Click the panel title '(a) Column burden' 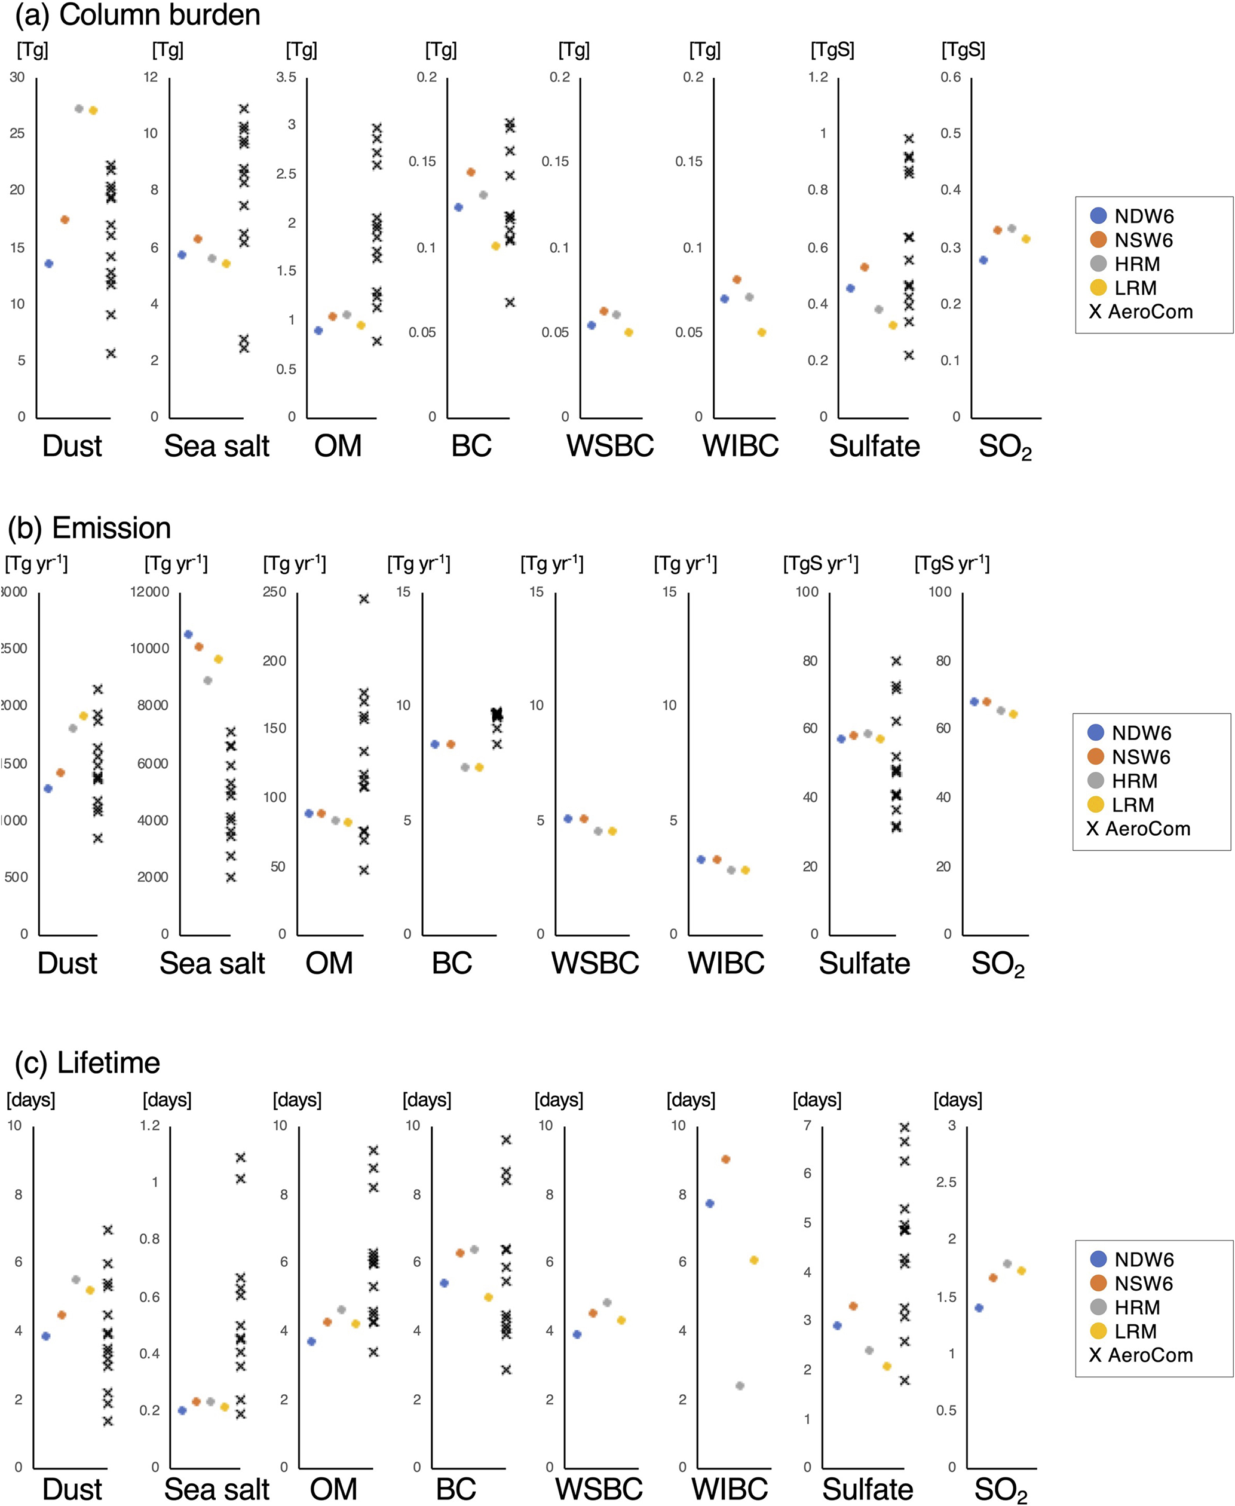click(137, 15)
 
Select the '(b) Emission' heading click(89, 528)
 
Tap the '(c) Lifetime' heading click(87, 1062)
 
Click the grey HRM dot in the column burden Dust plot click(79, 109)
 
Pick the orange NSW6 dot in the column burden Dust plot click(65, 220)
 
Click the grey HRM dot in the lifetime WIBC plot click(740, 1386)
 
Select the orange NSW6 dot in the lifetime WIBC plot click(725, 1159)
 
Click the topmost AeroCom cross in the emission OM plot click(363, 599)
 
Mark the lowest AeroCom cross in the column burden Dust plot click(111, 353)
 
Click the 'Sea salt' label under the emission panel click(212, 963)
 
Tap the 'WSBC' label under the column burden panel click(609, 446)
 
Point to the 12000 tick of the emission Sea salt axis click(149, 592)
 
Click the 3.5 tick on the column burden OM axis click(286, 77)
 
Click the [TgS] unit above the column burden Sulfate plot click(832, 50)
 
